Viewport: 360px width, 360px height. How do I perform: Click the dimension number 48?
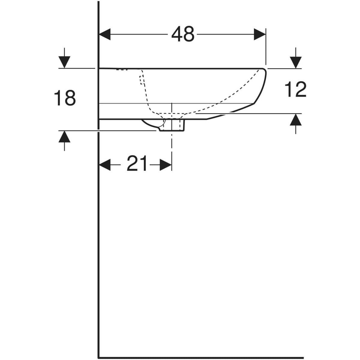(183, 34)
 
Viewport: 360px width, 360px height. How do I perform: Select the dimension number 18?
(65, 97)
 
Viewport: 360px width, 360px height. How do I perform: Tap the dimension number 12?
(295, 89)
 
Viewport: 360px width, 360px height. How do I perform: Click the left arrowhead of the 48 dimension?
(105, 34)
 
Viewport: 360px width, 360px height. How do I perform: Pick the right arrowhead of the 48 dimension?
(260, 34)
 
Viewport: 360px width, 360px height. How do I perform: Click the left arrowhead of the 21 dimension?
(105, 165)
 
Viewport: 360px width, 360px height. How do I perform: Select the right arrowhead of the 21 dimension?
(166, 165)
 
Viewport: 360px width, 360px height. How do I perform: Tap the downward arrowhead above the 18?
(64, 62)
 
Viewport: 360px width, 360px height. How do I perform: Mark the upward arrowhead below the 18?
(64, 137)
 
